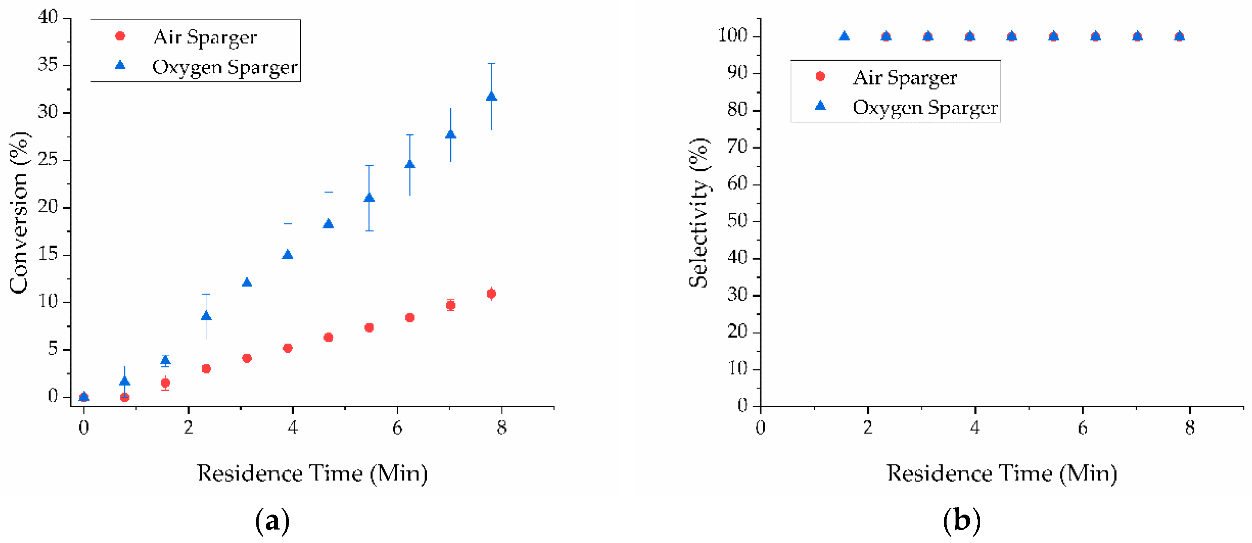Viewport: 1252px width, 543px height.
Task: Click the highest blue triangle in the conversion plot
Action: (491, 96)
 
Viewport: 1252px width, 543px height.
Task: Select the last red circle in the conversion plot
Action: (491, 294)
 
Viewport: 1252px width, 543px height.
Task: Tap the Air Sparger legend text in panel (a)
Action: (205, 37)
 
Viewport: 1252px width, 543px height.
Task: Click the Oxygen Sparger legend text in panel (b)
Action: (925, 107)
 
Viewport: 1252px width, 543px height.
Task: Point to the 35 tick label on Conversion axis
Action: (48, 65)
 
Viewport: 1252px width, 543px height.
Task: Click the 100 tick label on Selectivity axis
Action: (732, 36)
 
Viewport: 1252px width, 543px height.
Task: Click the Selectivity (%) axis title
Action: (699, 213)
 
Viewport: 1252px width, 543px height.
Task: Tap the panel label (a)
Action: (272, 521)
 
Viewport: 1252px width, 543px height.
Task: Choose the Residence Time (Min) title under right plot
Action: (1002, 473)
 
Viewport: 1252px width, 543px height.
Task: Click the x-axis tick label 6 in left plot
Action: (397, 428)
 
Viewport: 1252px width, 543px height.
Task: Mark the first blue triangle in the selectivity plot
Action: (844, 36)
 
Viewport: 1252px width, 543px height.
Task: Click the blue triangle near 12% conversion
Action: (247, 283)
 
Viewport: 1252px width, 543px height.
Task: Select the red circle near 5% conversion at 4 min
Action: (287, 348)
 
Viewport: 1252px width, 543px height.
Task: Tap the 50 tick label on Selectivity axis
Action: (737, 221)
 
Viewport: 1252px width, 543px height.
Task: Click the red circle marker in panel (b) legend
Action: (820, 76)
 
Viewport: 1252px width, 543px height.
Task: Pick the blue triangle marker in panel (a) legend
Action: (120, 65)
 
